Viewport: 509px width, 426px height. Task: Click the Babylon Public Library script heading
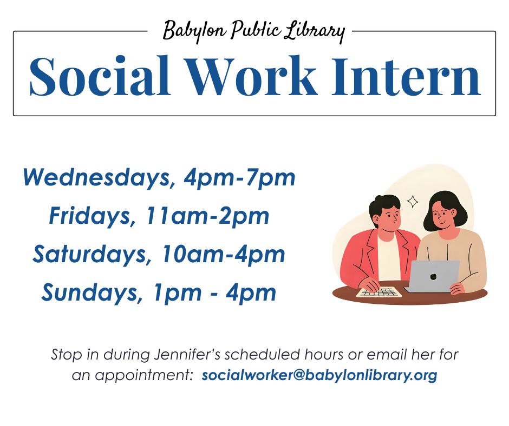(253, 31)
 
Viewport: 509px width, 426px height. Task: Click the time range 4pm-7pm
(240, 177)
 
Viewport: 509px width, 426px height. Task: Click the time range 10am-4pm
(223, 255)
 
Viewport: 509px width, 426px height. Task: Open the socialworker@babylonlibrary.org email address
(319, 375)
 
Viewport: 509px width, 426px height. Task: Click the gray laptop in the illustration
(433, 276)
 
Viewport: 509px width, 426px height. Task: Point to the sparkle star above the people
(413, 202)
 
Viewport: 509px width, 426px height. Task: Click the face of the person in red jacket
(387, 218)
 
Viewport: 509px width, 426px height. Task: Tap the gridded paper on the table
(379, 292)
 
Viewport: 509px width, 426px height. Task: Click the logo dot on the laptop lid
(433, 277)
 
